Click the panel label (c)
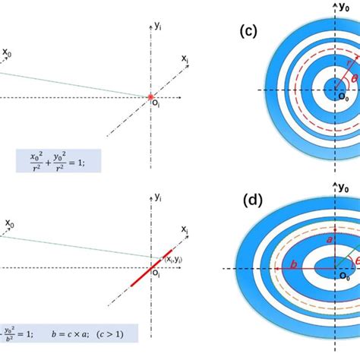pos(248,33)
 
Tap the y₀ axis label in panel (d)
pos(343,188)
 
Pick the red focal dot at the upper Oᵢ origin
pos(150,96)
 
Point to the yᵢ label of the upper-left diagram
pos(158,26)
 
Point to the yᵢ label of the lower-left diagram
pos(158,197)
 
